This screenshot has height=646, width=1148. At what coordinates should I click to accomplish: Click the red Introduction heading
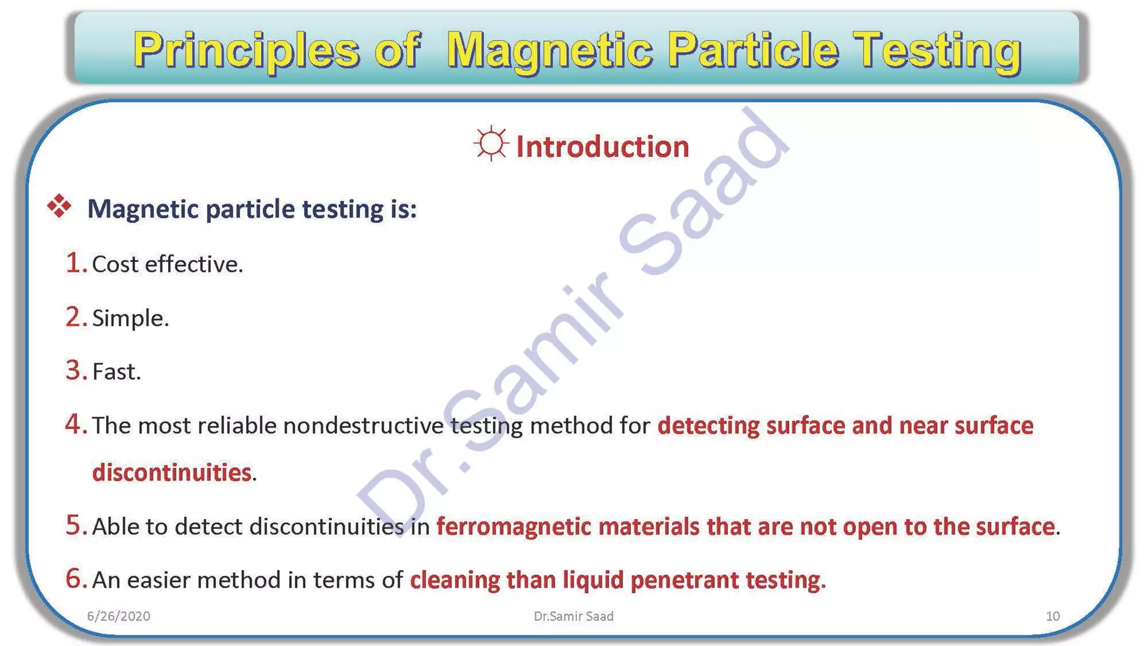click(602, 147)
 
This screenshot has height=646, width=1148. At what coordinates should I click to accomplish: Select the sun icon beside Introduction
click(491, 144)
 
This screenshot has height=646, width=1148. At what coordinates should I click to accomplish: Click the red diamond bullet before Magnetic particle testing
click(59, 206)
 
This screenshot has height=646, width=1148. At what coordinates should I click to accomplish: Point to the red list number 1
click(74, 263)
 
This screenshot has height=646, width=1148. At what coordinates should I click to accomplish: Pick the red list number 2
click(74, 317)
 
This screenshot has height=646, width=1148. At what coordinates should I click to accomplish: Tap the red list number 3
click(74, 371)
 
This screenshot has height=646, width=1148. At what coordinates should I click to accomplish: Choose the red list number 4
click(74, 424)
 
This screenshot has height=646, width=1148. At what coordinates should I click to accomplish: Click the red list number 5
click(74, 525)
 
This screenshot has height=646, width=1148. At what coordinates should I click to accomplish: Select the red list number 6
click(74, 579)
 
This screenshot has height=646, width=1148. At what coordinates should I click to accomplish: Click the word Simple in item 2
click(128, 319)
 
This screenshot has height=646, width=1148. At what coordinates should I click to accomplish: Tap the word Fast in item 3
click(114, 372)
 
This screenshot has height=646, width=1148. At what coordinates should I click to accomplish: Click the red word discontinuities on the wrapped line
click(172, 473)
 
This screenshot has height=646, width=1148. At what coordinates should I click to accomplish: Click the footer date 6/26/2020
click(118, 616)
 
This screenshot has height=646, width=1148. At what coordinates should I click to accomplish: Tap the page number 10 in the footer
click(1052, 616)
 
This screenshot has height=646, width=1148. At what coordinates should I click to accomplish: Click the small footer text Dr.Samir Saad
click(573, 616)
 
